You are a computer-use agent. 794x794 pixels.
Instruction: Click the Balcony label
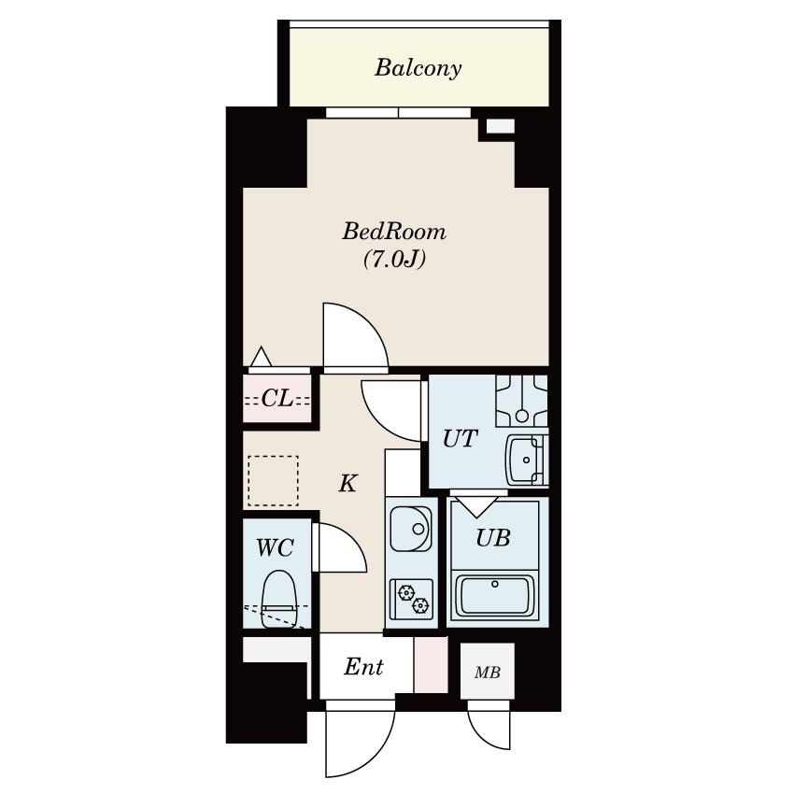click(418, 68)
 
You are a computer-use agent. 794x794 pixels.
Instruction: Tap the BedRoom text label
click(394, 232)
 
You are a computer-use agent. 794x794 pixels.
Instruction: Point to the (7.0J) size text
click(394, 260)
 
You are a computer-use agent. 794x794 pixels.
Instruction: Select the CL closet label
click(277, 399)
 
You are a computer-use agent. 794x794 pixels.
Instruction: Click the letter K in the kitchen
click(347, 483)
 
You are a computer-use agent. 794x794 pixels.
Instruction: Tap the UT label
click(460, 438)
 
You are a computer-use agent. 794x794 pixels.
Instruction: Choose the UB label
click(492, 537)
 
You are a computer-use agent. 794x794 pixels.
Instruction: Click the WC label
click(275, 547)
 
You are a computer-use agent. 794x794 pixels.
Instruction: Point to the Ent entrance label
click(363, 666)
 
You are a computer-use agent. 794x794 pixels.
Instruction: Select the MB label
click(487, 673)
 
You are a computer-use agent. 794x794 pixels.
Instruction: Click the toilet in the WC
click(278, 599)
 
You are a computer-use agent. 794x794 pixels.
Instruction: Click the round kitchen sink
click(411, 529)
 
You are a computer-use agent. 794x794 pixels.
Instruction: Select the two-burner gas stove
click(412, 599)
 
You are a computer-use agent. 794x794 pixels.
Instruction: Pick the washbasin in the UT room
click(527, 460)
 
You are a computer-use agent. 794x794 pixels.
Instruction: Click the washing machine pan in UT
click(521, 401)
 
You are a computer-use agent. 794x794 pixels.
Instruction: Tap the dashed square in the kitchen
click(273, 481)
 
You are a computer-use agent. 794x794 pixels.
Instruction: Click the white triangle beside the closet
click(262, 357)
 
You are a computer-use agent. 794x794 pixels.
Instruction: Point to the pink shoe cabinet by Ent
click(431, 664)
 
